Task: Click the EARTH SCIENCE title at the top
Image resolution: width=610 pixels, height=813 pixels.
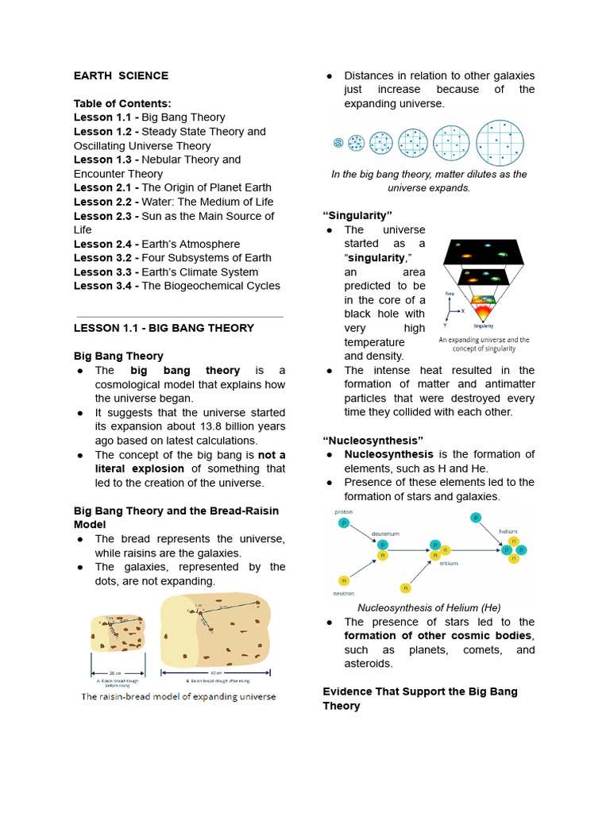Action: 121,75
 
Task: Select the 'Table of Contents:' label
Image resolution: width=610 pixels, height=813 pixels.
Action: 122,103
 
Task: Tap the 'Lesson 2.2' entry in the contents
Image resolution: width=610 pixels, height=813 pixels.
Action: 105,202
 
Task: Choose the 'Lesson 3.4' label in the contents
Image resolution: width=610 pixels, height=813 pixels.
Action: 105,286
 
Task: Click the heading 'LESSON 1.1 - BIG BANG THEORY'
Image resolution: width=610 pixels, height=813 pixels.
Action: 164,328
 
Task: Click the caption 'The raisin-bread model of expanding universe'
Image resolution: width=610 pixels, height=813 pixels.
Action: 179,696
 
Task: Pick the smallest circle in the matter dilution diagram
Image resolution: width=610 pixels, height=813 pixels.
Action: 338,144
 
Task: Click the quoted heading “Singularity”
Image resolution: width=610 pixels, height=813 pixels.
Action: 357,216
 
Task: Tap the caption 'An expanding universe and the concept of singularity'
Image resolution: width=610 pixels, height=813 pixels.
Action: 484,344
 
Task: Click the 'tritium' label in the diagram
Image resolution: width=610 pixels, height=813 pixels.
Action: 448,563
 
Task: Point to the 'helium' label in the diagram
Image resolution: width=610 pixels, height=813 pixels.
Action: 508,531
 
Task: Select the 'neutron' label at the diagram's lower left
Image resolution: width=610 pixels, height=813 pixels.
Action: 343,592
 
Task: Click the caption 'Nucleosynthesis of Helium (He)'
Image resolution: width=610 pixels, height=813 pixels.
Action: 429,607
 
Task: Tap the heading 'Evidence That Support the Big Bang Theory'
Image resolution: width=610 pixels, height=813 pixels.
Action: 419,699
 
